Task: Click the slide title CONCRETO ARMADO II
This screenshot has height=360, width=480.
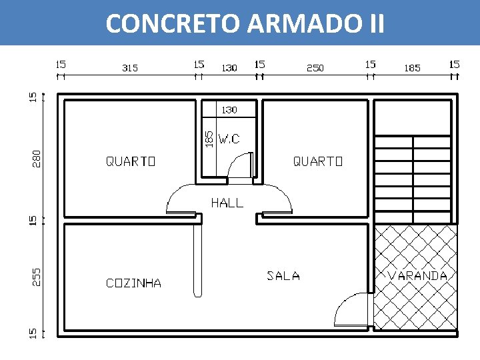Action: pyautogui.click(x=245, y=24)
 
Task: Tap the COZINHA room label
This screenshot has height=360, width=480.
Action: pyautogui.click(x=133, y=283)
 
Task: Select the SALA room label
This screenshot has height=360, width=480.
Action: pyautogui.click(x=283, y=275)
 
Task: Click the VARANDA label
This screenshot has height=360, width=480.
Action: pyautogui.click(x=418, y=275)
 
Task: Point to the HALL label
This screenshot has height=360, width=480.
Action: pyautogui.click(x=227, y=203)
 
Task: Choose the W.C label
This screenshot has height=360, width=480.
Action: pyautogui.click(x=229, y=139)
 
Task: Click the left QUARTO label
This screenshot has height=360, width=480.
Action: pyautogui.click(x=131, y=161)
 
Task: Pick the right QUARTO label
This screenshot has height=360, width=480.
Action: pyautogui.click(x=318, y=161)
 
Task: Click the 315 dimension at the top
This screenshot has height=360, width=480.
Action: pyautogui.click(x=130, y=68)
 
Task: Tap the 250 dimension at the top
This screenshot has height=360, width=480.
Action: pyautogui.click(x=315, y=68)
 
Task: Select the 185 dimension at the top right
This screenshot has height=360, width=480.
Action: pyautogui.click(x=412, y=68)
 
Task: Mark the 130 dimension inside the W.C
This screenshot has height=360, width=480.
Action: pyautogui.click(x=229, y=109)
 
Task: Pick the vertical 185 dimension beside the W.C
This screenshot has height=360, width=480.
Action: pyautogui.click(x=209, y=138)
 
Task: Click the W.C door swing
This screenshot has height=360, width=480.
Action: pyautogui.click(x=240, y=167)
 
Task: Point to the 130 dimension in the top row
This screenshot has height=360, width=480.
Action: pyautogui.click(x=229, y=68)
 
